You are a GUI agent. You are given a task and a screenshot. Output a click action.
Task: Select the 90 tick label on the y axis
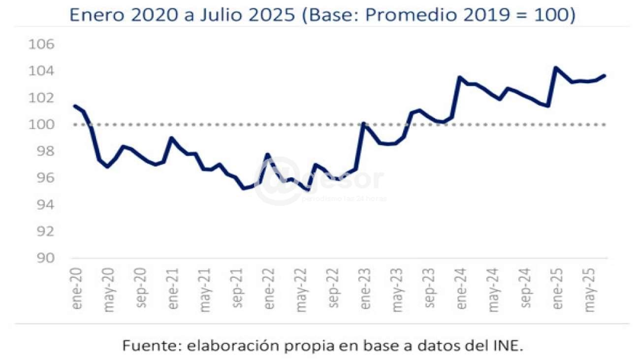[x=48, y=258]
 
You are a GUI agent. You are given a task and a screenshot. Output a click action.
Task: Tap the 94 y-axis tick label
[x=48, y=205]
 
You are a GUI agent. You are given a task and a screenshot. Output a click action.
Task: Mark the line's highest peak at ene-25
[x=556, y=67]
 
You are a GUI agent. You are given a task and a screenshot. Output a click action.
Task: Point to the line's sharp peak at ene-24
[x=459, y=77]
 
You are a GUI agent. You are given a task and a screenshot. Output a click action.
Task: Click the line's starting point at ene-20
[x=75, y=105]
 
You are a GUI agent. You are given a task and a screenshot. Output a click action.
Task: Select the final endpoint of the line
[x=604, y=75]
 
